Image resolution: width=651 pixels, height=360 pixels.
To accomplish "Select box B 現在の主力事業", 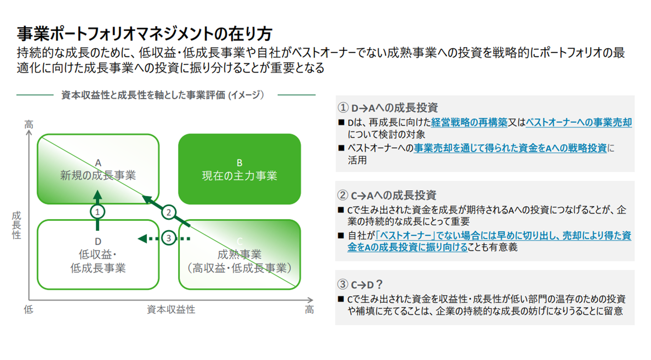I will (x=239, y=169).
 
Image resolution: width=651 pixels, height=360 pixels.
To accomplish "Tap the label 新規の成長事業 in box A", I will (x=98, y=175).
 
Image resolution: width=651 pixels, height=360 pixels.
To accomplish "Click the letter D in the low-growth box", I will (x=98, y=242).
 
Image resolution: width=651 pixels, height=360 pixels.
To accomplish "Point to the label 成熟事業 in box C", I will (x=239, y=255).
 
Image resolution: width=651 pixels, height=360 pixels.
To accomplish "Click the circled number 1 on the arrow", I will (x=98, y=210).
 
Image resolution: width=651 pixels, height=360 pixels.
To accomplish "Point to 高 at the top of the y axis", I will (x=29, y=125).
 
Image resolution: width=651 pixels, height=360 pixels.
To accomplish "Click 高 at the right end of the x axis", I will (x=309, y=310).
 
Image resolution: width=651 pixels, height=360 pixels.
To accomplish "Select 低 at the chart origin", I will (x=29, y=310).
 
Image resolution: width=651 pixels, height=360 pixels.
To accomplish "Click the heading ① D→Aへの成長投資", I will (x=387, y=108).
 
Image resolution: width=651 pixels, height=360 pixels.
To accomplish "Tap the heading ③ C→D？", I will (x=360, y=284).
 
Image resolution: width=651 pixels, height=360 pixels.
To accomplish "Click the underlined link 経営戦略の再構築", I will (x=470, y=123).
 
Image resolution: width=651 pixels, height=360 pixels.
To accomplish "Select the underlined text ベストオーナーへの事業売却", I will (x=579, y=123).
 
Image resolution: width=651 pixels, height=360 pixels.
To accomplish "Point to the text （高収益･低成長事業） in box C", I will (x=239, y=268).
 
